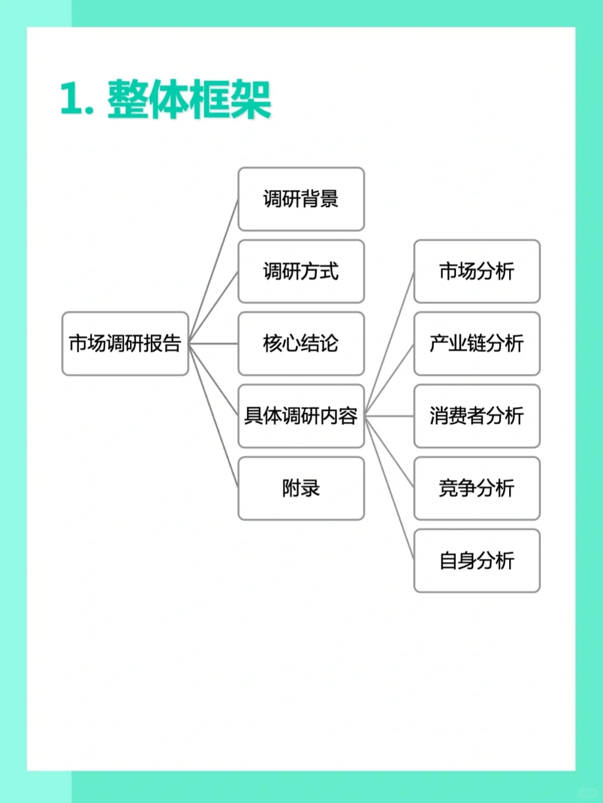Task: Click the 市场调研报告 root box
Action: pyautogui.click(x=125, y=344)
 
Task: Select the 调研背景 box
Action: pyautogui.click(x=301, y=199)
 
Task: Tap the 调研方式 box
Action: pyautogui.click(x=301, y=272)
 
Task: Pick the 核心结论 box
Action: pyautogui.click(x=301, y=344)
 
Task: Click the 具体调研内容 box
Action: pyautogui.click(x=301, y=416)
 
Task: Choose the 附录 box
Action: pyautogui.click(x=301, y=488)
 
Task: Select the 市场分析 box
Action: pyautogui.click(x=477, y=272)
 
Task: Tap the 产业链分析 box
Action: pyautogui.click(x=477, y=344)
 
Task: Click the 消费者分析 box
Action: pyautogui.click(x=477, y=416)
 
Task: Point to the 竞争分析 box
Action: pyautogui.click(x=477, y=488)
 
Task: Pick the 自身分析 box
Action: pyautogui.click(x=477, y=561)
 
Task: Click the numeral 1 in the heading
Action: pyautogui.click(x=71, y=99)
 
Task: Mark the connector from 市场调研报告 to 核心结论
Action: pyautogui.click(x=213, y=344)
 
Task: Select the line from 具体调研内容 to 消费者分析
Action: pyautogui.click(x=389, y=416)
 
